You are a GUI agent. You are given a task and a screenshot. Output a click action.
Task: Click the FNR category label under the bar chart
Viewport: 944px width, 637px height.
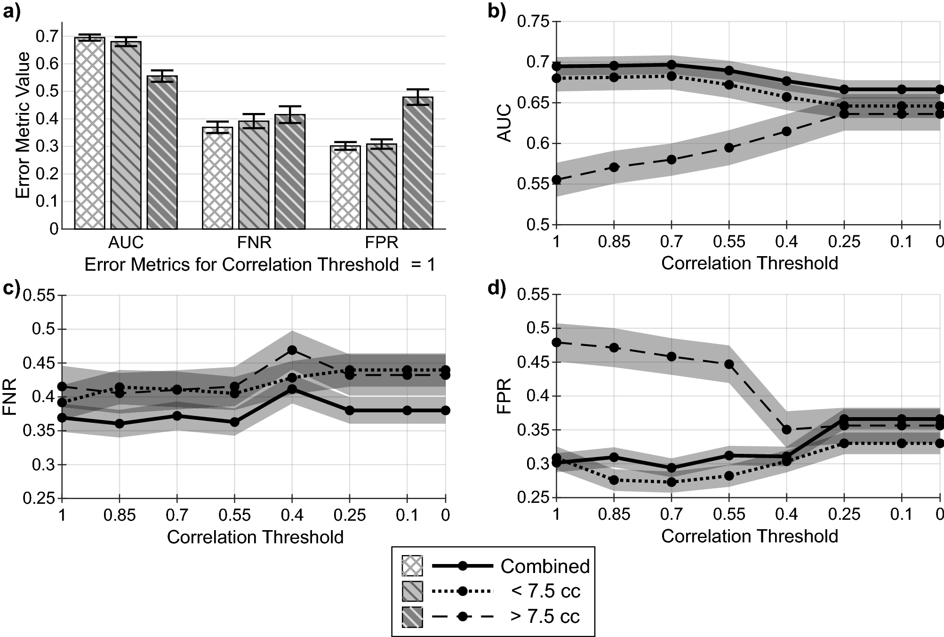(x=254, y=243)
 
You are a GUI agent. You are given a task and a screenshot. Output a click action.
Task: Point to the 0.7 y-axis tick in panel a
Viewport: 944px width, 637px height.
(x=47, y=36)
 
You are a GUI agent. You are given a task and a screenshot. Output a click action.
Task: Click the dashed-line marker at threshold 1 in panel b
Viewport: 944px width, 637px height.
(x=557, y=180)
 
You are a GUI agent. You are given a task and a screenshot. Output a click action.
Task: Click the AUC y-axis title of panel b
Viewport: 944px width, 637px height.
(x=504, y=123)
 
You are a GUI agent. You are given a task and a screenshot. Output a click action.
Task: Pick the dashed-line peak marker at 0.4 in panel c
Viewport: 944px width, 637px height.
(x=292, y=350)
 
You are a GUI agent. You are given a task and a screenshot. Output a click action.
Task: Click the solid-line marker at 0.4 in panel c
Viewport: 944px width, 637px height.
(x=292, y=389)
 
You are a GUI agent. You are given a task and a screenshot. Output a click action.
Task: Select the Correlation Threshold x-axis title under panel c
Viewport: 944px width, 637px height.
(x=255, y=537)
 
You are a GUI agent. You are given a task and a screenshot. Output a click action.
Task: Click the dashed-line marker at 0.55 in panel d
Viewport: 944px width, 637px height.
(x=729, y=364)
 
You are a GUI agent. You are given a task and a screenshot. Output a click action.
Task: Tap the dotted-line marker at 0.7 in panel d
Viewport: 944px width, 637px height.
(x=672, y=482)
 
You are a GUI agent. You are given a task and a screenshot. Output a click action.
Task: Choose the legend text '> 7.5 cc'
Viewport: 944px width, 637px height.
(x=544, y=616)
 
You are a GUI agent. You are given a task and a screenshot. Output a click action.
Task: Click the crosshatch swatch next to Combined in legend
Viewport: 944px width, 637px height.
(x=412, y=566)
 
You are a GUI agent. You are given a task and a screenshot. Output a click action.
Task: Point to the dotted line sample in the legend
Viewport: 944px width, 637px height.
(x=463, y=591)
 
